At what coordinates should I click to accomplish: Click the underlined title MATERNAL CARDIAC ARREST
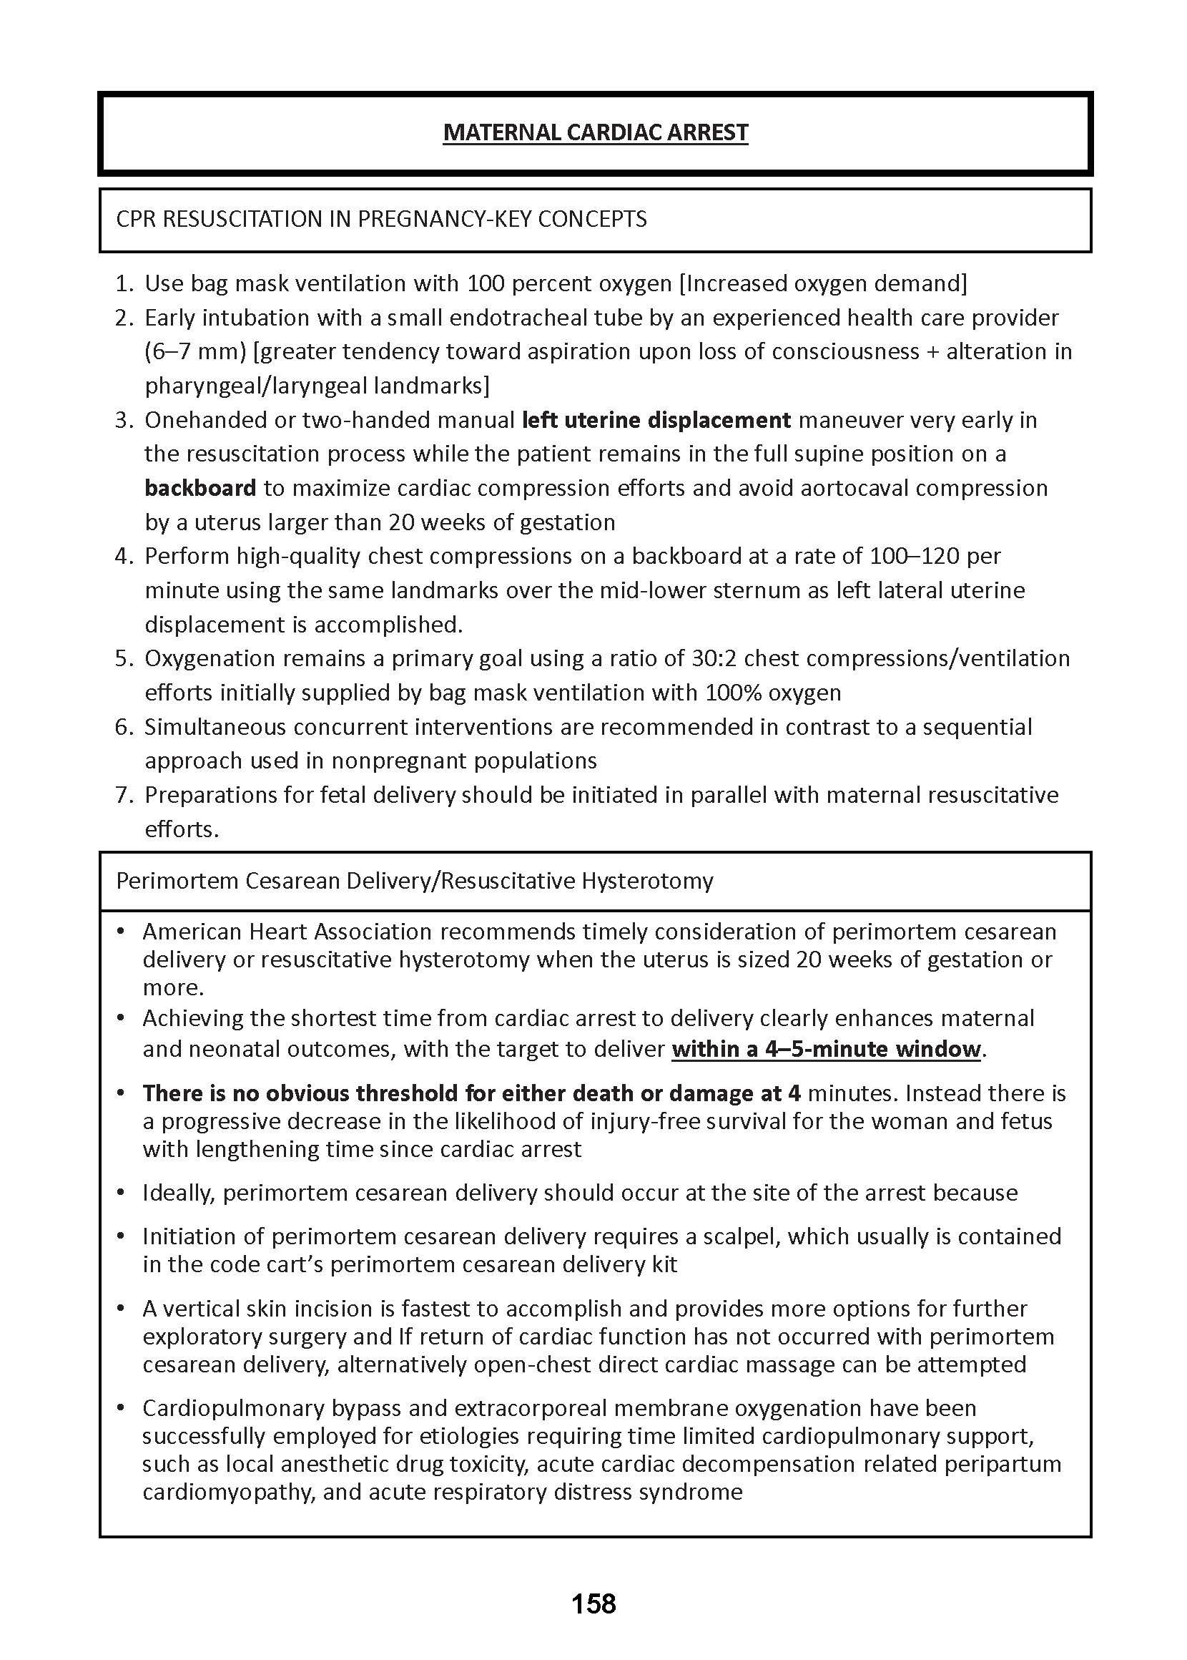(x=595, y=132)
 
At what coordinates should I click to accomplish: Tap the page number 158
(x=593, y=1603)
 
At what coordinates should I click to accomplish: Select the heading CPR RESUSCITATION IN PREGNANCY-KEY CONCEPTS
(x=381, y=220)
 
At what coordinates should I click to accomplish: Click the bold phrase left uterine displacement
(x=656, y=420)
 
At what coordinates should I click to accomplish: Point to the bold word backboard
(x=200, y=488)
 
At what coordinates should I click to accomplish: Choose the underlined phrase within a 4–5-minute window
(x=825, y=1049)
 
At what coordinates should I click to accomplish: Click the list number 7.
(x=123, y=795)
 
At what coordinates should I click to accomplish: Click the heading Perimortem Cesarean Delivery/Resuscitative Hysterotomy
(x=415, y=881)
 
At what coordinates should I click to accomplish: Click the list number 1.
(x=123, y=283)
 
